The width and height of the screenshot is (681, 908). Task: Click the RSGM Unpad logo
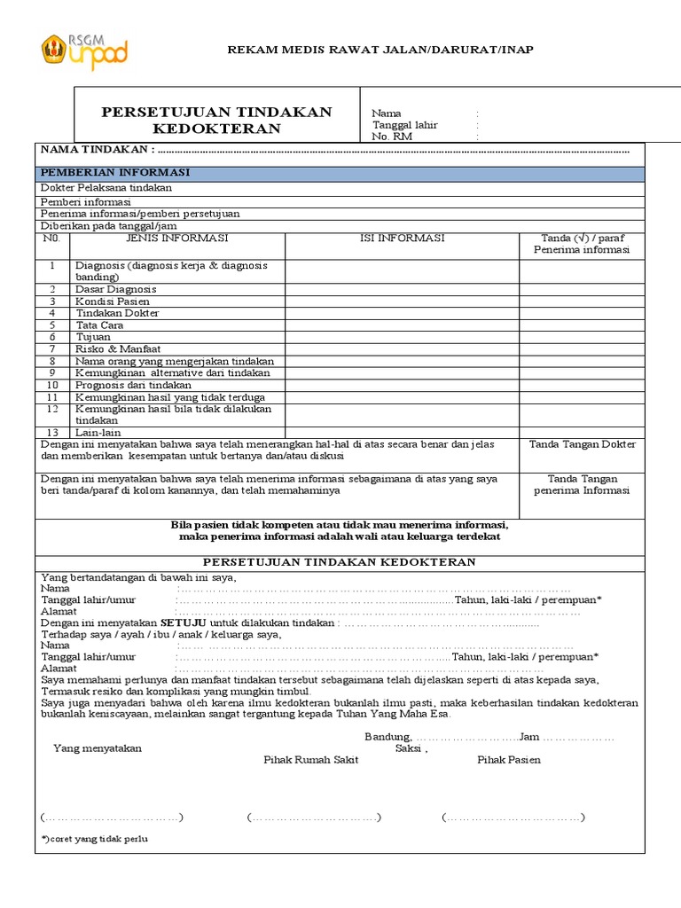85,51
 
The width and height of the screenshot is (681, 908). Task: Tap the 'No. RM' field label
392,137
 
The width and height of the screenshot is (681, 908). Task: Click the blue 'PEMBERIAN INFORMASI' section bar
340,173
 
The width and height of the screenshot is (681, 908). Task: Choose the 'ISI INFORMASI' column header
402,239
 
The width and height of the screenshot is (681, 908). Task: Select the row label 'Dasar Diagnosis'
116,289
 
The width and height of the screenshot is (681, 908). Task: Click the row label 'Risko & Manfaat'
117,349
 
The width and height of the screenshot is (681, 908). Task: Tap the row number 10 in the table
52,385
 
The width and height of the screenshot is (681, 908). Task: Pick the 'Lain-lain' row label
99,432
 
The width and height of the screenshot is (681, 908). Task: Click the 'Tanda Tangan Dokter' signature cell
583,444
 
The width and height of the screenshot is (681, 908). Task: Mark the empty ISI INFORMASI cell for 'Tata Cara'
402,325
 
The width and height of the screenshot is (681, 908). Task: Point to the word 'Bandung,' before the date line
388,737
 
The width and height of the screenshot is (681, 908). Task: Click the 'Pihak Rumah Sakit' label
311,760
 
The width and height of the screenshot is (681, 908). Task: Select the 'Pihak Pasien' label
509,760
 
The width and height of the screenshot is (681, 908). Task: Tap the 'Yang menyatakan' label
98,748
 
